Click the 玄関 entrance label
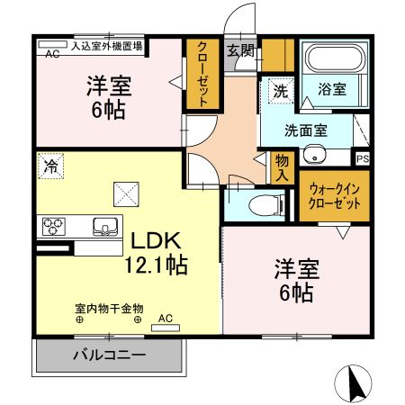pos(239,51)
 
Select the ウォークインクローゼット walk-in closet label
pos(334,195)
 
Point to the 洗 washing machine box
pos(281,91)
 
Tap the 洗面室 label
pos(306,130)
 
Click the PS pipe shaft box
pos(363,158)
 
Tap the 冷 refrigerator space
pos(52,166)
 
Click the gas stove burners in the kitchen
pos(52,225)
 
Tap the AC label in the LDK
pos(166,318)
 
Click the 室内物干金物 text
pos(108,307)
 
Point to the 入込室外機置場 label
pos(107,42)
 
